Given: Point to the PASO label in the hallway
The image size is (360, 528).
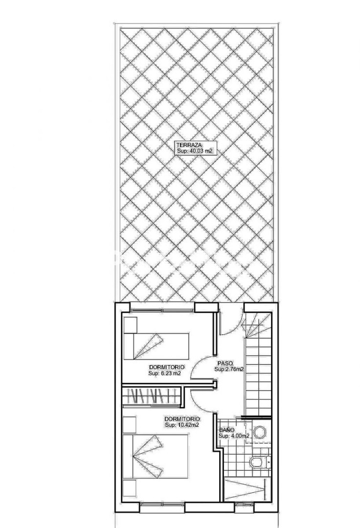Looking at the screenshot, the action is pyautogui.click(x=225, y=363).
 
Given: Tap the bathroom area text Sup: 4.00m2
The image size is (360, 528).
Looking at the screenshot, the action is pyautogui.click(x=234, y=436).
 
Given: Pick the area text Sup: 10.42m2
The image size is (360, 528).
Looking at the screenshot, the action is pyautogui.click(x=181, y=425).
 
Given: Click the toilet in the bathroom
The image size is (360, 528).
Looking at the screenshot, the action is pyautogui.click(x=260, y=462).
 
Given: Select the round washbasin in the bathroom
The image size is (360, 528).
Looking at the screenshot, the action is pyautogui.click(x=260, y=433).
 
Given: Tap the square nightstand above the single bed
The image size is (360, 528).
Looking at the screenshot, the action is pyautogui.click(x=130, y=325).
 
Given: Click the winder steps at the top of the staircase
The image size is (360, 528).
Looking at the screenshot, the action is pyautogui.click(x=258, y=325).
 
